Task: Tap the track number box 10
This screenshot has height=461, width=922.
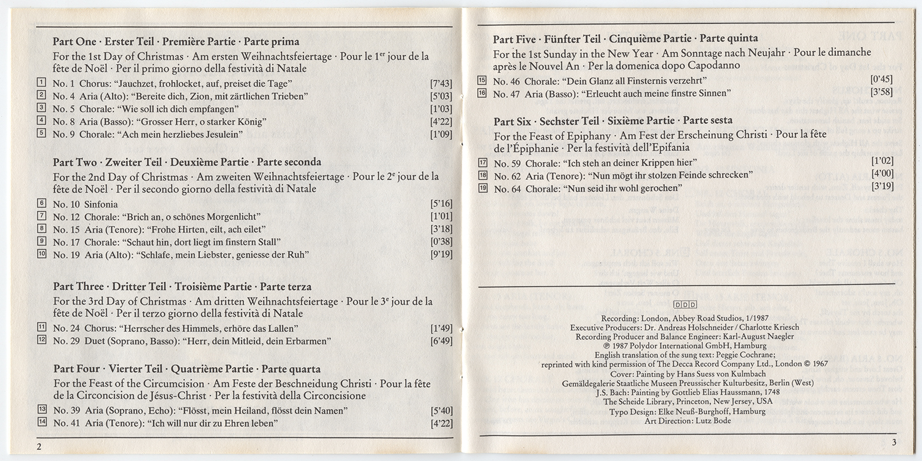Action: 41,254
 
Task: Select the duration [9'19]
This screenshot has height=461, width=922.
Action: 441,254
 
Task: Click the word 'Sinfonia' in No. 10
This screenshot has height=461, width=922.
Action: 101,204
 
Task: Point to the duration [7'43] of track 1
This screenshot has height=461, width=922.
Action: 441,83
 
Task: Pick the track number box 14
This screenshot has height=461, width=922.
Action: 41,423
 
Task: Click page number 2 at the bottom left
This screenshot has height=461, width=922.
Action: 38,447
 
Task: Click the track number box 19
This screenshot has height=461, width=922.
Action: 483,188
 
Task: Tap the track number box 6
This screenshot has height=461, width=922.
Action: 41,203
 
